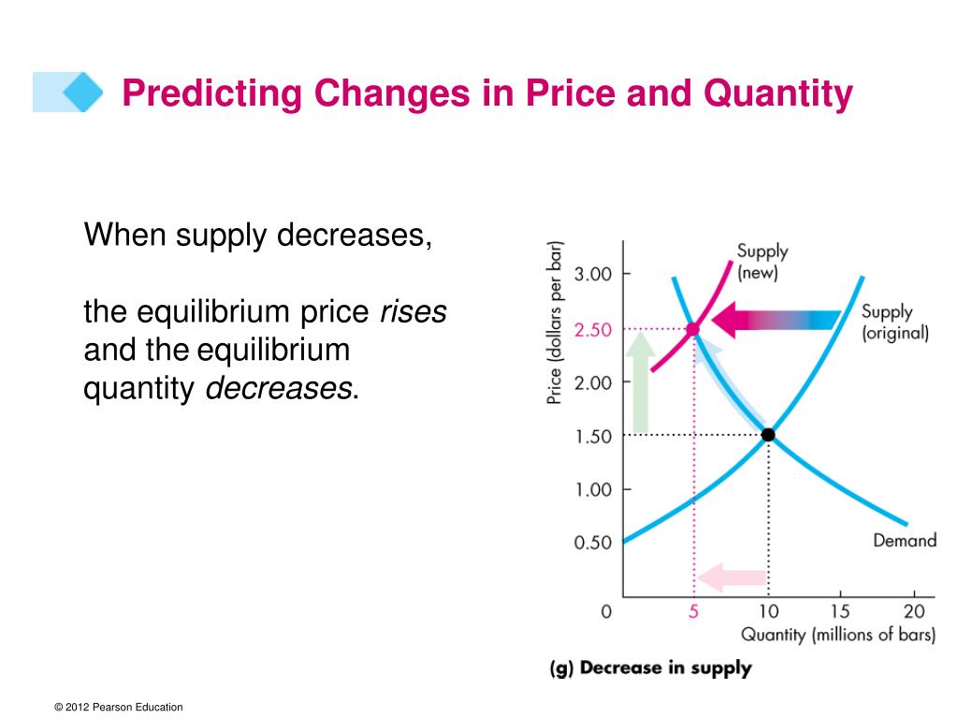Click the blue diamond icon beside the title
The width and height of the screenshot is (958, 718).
(x=81, y=92)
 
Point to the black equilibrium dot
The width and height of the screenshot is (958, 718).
(x=768, y=434)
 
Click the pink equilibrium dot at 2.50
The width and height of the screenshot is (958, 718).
(x=693, y=329)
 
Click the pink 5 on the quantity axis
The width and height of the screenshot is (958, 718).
(x=693, y=612)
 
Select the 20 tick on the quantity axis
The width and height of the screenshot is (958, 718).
(x=913, y=612)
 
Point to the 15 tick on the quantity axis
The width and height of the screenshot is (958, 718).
(x=840, y=612)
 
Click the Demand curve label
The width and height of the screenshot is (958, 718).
(x=904, y=539)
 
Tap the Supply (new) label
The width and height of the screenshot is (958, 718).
(x=762, y=263)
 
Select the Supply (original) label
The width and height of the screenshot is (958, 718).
(x=894, y=323)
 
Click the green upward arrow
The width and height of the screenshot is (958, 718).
(x=640, y=383)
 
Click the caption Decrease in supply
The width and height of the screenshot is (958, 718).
(x=664, y=668)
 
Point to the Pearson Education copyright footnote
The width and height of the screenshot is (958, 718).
(x=119, y=708)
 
